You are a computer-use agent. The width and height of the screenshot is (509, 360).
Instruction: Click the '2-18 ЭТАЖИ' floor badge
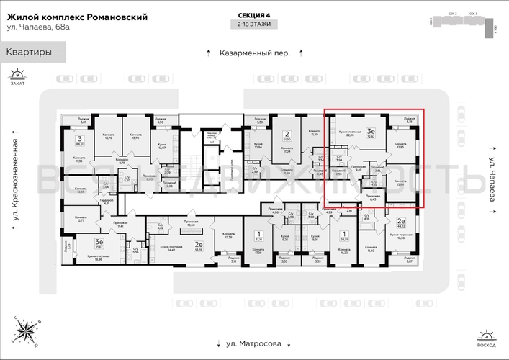(x=255, y=24)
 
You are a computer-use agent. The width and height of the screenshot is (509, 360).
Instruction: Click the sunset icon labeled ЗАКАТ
(x=17, y=76)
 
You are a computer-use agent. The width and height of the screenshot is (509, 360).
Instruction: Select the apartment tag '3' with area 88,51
(x=79, y=140)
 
